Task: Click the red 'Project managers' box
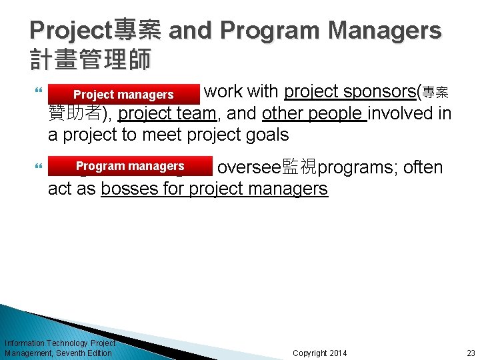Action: click(123, 95)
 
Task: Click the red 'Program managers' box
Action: click(130, 166)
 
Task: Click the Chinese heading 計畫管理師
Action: click(91, 59)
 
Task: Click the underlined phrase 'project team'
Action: click(167, 114)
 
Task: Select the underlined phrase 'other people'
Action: click(315, 114)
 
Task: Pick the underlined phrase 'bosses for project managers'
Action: click(214, 189)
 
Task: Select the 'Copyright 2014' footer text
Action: click(320, 353)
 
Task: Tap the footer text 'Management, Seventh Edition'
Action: click(58, 353)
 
